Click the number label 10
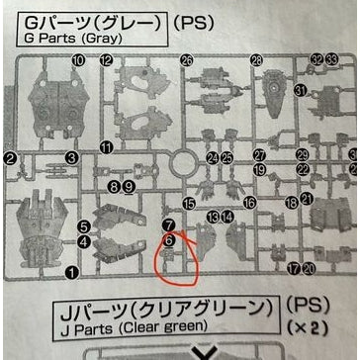click(78, 60)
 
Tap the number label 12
click(106, 60)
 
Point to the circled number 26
click(187, 60)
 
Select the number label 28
click(257, 60)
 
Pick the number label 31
click(300, 90)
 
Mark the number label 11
click(106, 147)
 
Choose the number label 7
click(169, 225)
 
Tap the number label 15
click(188, 203)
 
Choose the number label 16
click(250, 202)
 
